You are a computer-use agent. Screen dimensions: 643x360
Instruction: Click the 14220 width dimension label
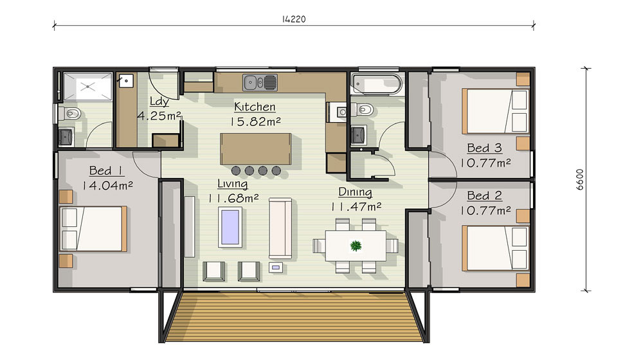[x=294, y=19]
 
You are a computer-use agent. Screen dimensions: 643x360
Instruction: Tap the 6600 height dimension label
[x=580, y=179]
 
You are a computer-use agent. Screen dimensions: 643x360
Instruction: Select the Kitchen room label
[x=255, y=107]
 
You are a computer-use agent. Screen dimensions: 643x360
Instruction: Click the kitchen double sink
[x=260, y=82]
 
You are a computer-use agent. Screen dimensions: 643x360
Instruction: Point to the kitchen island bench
[x=255, y=148]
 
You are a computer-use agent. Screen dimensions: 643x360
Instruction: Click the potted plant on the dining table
[x=356, y=246]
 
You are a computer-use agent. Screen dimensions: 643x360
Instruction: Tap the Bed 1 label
[x=107, y=170]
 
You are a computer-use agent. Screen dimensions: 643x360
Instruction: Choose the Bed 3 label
[x=484, y=148]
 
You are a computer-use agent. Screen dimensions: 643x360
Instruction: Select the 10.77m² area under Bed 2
[x=485, y=211]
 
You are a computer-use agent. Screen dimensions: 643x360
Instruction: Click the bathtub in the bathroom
[x=376, y=84]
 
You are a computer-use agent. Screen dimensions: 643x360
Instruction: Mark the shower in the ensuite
[x=87, y=87]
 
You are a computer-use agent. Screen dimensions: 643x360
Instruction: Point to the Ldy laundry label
[x=159, y=102]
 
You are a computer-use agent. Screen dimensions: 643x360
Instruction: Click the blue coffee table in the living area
[x=230, y=227]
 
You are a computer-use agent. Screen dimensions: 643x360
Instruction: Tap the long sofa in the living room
[x=280, y=228]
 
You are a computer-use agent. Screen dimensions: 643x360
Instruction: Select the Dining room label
[x=355, y=192]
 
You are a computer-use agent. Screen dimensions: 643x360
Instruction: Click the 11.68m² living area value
[x=233, y=199]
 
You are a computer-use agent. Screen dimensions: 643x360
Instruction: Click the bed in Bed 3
[x=495, y=111]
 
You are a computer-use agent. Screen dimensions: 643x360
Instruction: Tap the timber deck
[x=294, y=316]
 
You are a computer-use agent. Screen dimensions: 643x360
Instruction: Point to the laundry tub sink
[x=125, y=81]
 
